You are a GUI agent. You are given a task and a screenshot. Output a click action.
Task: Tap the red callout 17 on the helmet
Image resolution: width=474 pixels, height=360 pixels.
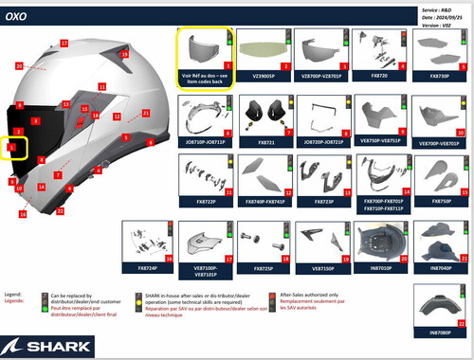coord(64,44)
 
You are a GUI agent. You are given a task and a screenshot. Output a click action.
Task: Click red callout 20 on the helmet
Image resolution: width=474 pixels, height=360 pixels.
coord(19,66)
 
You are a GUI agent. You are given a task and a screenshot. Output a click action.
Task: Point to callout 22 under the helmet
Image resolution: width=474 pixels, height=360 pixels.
coord(60,210)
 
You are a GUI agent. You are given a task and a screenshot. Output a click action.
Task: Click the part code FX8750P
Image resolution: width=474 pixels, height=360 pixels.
coord(441,201)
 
